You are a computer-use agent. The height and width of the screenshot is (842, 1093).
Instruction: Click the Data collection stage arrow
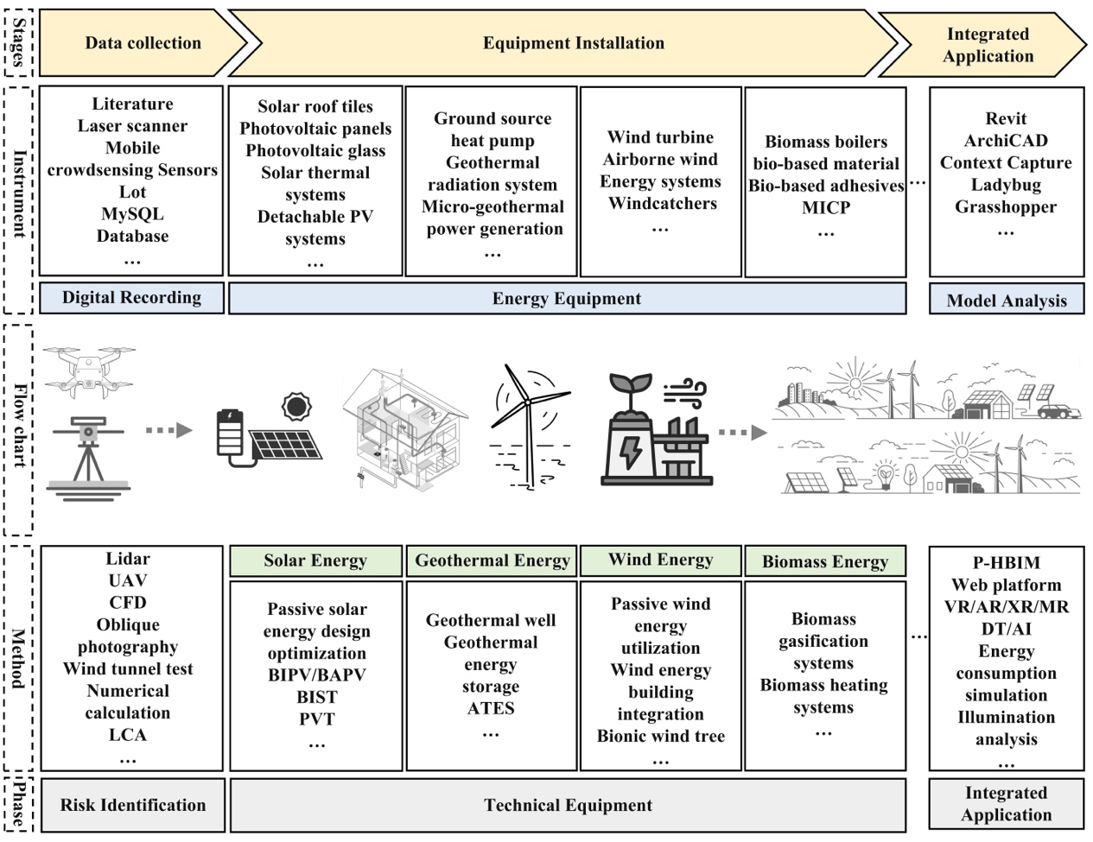pos(143,43)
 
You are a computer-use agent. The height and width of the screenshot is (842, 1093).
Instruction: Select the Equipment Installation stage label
pos(574,43)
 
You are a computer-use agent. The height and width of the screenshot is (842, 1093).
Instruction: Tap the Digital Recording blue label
pos(131,298)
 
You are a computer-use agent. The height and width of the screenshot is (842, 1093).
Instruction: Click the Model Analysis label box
pos(1007,301)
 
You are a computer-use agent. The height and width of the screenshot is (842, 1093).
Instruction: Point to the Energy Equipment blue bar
pos(567,299)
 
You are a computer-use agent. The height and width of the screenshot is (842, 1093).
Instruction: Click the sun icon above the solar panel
pos(296,406)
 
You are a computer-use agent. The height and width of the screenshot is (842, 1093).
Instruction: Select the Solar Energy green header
pos(315,560)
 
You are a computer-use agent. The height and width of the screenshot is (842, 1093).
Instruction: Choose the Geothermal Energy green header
pos(492,560)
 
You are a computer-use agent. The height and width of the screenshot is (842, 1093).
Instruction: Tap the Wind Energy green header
pos(660,560)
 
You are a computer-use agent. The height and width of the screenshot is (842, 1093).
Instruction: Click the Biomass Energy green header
pos(825,562)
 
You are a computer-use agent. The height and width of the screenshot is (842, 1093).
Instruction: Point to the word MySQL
pos(132,214)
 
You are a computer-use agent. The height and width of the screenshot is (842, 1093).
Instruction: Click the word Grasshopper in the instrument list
pos(1006,207)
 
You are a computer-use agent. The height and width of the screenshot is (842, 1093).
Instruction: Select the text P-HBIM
pos(1006,563)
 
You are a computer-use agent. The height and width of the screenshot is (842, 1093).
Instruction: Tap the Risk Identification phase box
pos(133,805)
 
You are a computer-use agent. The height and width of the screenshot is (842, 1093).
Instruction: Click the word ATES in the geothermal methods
pos(491,709)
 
